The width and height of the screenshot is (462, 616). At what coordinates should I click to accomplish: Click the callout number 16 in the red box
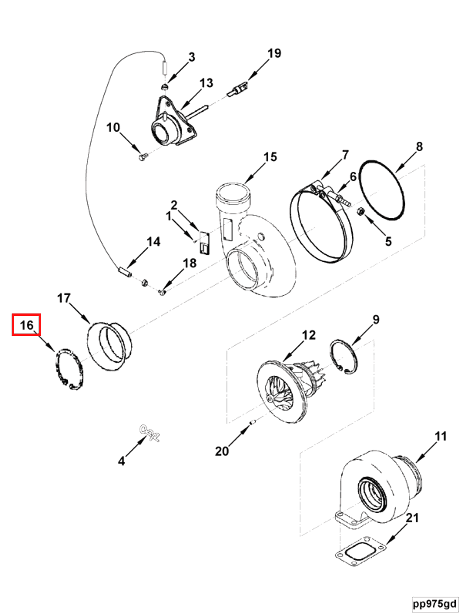tap(26, 325)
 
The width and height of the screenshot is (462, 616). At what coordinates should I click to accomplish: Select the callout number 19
tap(274, 53)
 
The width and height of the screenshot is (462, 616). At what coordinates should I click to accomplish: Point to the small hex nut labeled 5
tap(360, 212)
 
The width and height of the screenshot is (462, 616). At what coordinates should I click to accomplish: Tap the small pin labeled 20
tap(253, 423)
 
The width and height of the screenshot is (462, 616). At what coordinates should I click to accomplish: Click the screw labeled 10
tap(142, 158)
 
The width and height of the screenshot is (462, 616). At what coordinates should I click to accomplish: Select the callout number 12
tap(309, 335)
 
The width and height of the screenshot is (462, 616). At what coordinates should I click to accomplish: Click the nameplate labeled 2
tap(205, 243)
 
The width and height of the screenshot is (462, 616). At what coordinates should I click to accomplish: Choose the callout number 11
tap(441, 436)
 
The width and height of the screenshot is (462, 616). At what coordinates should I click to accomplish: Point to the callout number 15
tap(270, 157)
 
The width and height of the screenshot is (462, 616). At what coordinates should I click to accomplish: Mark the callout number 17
tap(64, 298)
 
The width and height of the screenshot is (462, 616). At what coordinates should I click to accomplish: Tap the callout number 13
tap(206, 83)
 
